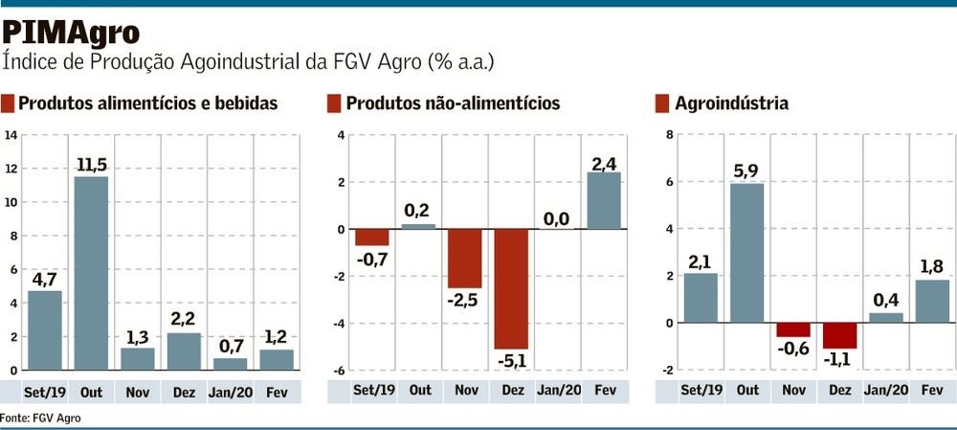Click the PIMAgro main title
72,32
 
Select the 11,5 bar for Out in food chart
91,273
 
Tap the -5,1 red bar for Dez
512,288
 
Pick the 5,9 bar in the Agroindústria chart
746,253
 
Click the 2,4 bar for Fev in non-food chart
604,201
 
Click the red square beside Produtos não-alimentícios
334,103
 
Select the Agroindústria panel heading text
731,103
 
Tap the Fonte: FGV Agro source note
40,418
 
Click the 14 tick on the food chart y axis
11,135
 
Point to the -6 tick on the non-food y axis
338,371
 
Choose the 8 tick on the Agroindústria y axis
669,135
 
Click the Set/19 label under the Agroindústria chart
701,391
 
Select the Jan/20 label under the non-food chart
558,391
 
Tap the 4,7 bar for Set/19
44,330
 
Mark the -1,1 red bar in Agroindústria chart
839,335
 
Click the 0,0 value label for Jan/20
558,219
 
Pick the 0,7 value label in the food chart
230,344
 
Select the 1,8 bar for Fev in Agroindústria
932,301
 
